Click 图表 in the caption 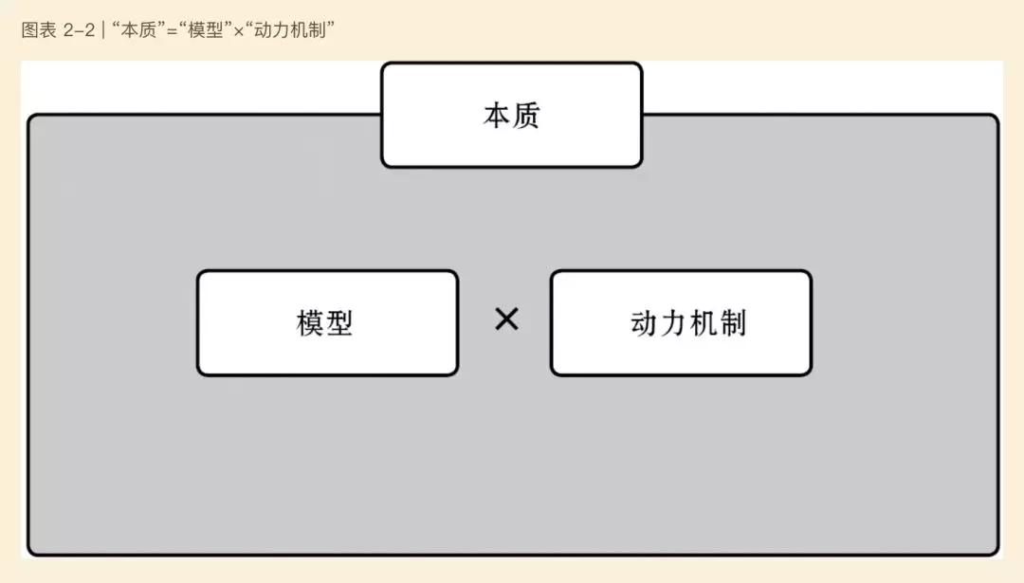pyautogui.click(x=39, y=30)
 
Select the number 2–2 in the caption pyautogui.click(x=79, y=30)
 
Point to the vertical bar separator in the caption pyautogui.click(x=103, y=30)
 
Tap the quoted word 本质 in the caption pyautogui.click(x=138, y=30)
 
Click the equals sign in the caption pyautogui.click(x=173, y=30)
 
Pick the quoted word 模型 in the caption pyautogui.click(x=205, y=30)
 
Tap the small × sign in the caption pyautogui.click(x=238, y=31)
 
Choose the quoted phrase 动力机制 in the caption pyautogui.click(x=290, y=30)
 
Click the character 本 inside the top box pyautogui.click(x=496, y=116)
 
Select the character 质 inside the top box pyautogui.click(x=526, y=116)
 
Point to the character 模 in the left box pyautogui.click(x=309, y=322)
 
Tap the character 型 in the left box pyautogui.click(x=339, y=322)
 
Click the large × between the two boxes pyautogui.click(x=506, y=319)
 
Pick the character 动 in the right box pyautogui.click(x=644, y=323)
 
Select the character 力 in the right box pyautogui.click(x=673, y=323)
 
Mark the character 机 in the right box pyautogui.click(x=704, y=323)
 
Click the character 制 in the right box pyautogui.click(x=733, y=323)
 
